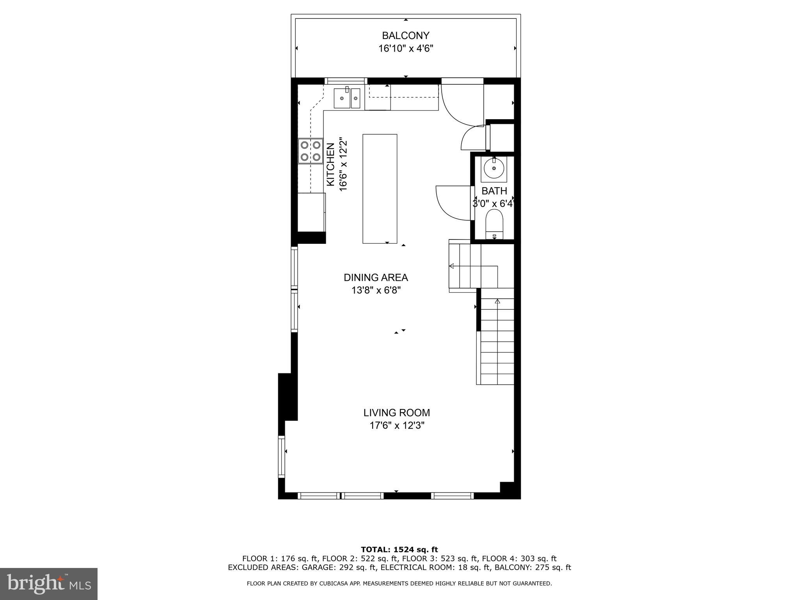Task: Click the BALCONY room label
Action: [x=405, y=36]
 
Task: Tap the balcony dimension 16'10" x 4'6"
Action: [x=406, y=49]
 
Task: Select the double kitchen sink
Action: [x=346, y=98]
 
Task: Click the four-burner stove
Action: [x=311, y=151]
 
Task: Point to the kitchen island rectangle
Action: [x=380, y=189]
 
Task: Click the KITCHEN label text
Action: [x=330, y=164]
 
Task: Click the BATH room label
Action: [x=494, y=191]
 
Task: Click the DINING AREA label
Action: [x=376, y=278]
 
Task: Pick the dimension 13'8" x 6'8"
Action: [x=376, y=291]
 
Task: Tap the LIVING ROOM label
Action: [x=396, y=413]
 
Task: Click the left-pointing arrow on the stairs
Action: [x=452, y=266]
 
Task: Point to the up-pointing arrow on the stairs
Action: [x=497, y=302]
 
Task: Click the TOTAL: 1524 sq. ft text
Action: [x=399, y=550]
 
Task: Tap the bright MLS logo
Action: [x=49, y=584]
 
